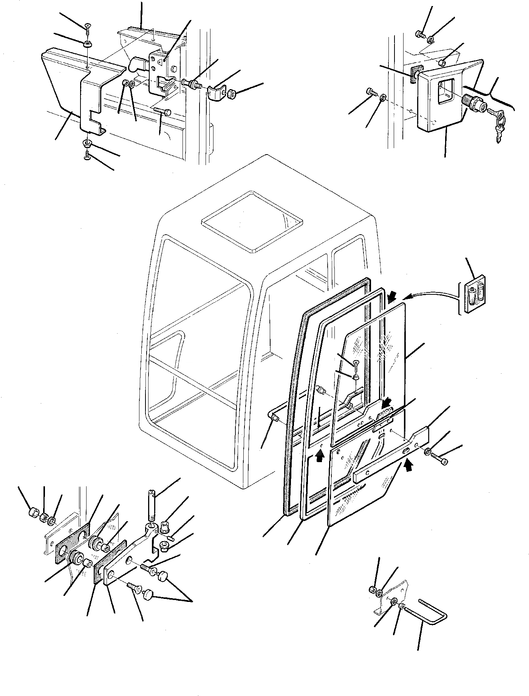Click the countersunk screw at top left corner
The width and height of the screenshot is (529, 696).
88,26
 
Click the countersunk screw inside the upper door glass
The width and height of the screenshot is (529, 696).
356,363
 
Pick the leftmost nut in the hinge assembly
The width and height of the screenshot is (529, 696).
34,513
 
